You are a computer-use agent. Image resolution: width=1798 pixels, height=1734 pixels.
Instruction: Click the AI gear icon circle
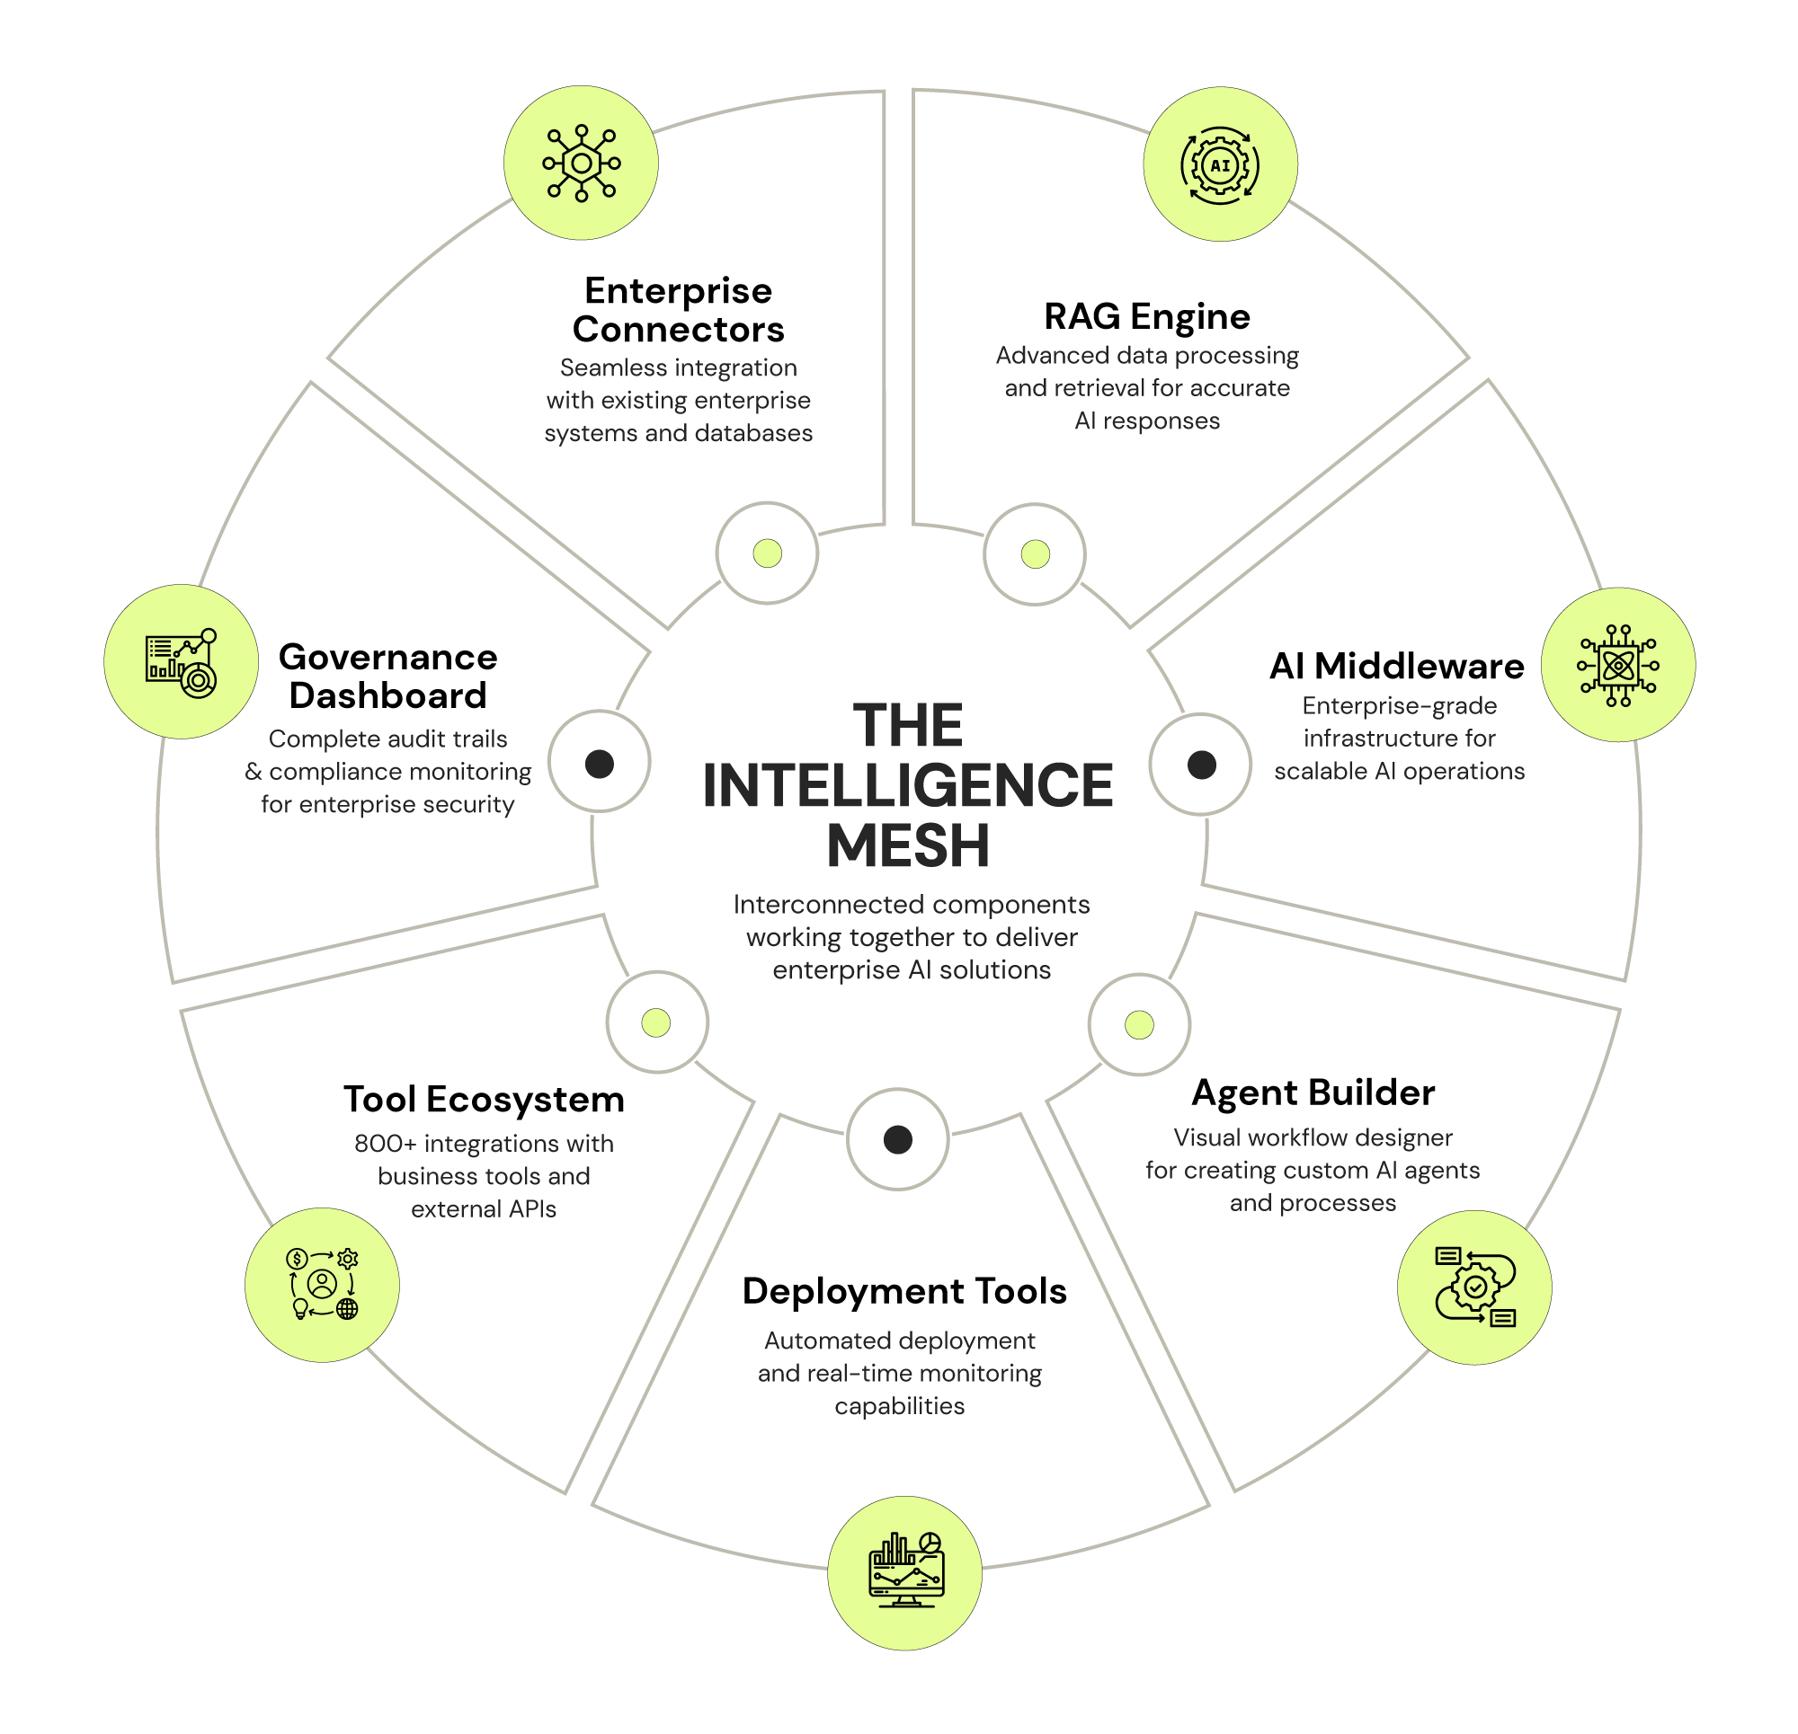tap(1220, 165)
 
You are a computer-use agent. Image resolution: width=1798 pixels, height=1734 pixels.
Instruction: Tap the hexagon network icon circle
tap(581, 164)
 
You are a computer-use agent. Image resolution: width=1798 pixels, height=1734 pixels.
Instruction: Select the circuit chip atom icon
tap(1617, 665)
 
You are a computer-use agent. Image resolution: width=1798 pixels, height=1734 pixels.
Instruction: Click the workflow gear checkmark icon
tap(1474, 1287)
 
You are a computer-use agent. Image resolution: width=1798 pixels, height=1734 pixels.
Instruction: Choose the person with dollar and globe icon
tap(322, 1284)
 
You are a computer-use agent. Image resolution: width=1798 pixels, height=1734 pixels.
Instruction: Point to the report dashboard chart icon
tap(181, 662)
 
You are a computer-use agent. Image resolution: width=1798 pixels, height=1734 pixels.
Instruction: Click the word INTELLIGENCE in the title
tap(907, 786)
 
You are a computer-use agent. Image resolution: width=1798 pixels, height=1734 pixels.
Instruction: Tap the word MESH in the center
tap(908, 845)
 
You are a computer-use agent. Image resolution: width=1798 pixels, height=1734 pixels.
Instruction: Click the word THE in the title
tap(908, 725)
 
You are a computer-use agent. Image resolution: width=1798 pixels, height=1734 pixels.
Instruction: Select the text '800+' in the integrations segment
tap(386, 1144)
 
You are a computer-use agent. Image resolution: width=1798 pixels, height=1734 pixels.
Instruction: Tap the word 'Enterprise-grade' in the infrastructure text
tap(1399, 705)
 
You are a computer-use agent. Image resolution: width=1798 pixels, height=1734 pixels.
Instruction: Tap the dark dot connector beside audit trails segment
tap(599, 763)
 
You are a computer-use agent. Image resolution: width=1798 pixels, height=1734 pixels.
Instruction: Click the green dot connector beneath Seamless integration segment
tap(767, 553)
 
